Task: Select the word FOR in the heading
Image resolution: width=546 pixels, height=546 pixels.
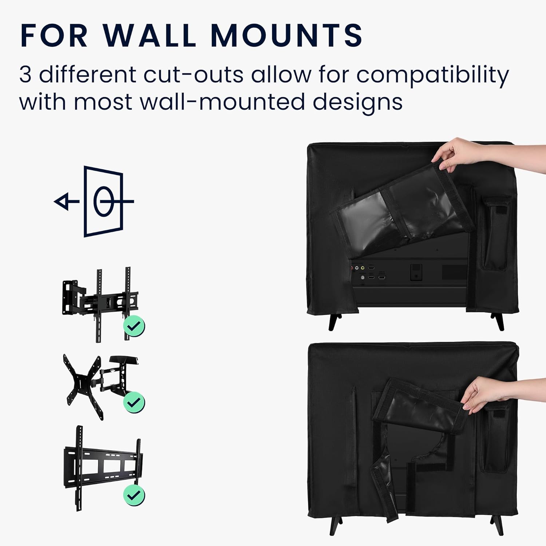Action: (x=54, y=35)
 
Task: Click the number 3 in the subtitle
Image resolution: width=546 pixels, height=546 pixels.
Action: (x=25, y=75)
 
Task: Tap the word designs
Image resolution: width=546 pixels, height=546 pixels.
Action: (x=358, y=103)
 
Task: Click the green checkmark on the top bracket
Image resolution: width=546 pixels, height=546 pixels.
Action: (x=134, y=326)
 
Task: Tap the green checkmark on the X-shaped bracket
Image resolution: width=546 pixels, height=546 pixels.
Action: (x=134, y=402)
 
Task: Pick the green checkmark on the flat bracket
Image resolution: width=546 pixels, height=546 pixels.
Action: (x=134, y=495)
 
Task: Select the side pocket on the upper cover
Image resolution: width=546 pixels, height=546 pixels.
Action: (x=494, y=233)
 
